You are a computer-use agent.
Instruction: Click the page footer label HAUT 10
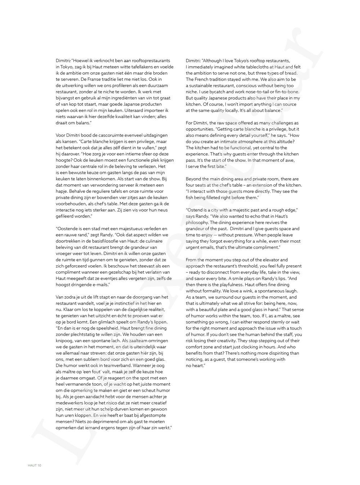point(35,465)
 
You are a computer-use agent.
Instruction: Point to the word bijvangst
point(66,98)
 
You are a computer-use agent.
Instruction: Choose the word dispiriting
point(276,353)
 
